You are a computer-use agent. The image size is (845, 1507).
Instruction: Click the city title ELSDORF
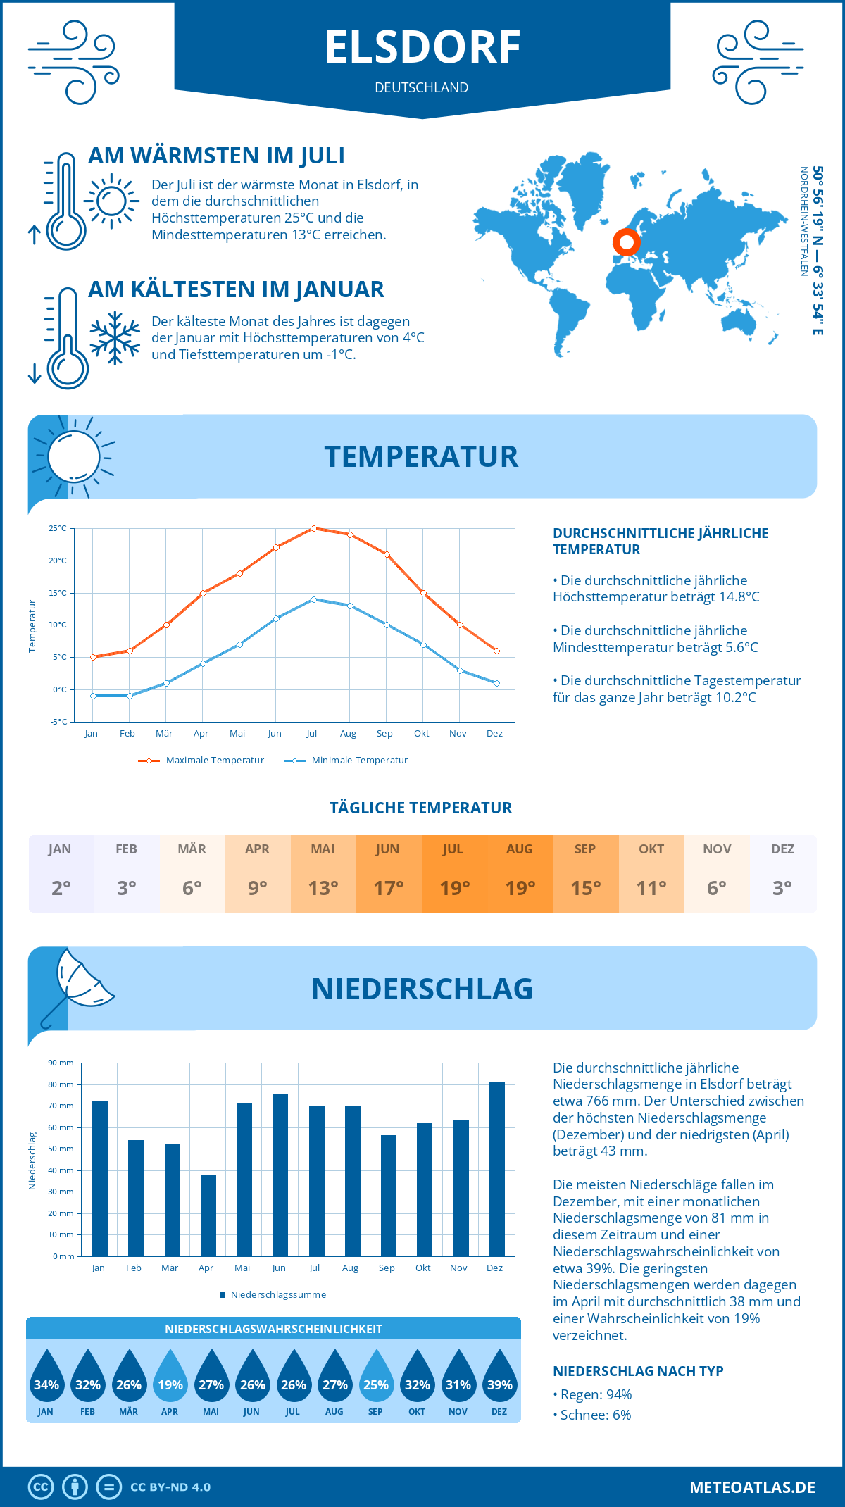(x=423, y=48)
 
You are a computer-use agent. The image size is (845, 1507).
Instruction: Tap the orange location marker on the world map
(x=626, y=242)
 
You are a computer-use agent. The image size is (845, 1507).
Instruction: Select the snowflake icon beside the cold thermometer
(x=115, y=338)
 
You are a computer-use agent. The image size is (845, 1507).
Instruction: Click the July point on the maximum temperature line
(x=313, y=528)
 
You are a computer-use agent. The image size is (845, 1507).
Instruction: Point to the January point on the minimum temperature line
(x=93, y=696)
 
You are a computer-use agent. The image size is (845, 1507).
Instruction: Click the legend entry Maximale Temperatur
(x=201, y=761)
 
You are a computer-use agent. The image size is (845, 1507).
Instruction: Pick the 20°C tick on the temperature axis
(x=58, y=561)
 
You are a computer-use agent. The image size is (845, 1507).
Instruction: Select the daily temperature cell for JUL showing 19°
(x=454, y=874)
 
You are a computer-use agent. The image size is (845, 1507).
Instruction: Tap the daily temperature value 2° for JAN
(x=61, y=888)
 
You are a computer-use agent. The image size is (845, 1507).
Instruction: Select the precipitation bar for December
(x=497, y=1169)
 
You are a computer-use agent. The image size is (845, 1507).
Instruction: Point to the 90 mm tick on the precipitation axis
(x=61, y=1063)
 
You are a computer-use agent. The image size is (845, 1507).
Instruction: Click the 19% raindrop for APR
(x=170, y=1379)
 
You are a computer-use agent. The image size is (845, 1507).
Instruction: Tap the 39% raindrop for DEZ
(x=500, y=1379)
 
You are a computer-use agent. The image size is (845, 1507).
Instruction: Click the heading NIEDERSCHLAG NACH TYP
(x=638, y=1371)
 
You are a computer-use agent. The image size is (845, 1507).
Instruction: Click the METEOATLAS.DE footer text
(x=752, y=1487)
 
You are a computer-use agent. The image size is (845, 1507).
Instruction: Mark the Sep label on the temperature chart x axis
(x=384, y=734)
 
